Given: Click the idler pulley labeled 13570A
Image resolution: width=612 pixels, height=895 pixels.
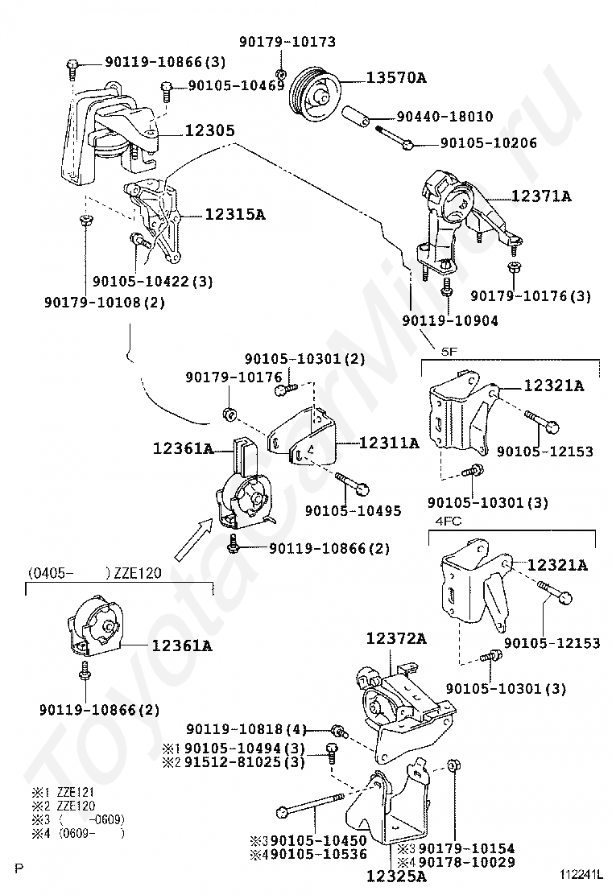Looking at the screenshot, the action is (x=315, y=94).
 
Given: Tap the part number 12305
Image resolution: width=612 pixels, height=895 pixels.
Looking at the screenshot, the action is (x=209, y=130).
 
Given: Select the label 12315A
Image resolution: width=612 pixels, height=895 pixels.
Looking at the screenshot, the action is (x=234, y=215).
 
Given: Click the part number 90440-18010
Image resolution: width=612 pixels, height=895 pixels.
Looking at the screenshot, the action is (x=445, y=117).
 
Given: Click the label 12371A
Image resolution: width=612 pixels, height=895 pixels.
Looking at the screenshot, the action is (x=540, y=196).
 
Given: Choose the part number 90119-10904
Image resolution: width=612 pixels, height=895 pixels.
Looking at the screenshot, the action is (x=450, y=321).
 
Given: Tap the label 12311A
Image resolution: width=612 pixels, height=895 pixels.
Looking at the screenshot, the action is (x=389, y=443).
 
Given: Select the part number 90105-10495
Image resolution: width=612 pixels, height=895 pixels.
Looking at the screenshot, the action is (x=353, y=510).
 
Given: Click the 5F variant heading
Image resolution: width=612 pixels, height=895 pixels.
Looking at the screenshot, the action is (x=449, y=352).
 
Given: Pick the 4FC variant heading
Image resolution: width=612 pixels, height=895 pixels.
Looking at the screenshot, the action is (x=449, y=521).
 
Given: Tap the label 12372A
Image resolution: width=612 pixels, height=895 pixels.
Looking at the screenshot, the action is (x=395, y=638).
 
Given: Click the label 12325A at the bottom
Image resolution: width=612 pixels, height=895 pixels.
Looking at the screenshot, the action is (x=395, y=875).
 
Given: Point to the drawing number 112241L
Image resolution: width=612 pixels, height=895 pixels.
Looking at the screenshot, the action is (x=581, y=874).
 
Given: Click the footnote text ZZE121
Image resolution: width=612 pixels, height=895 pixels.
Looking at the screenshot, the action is (x=76, y=792).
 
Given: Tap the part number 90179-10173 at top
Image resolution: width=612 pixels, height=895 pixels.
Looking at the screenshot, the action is (x=287, y=42).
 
